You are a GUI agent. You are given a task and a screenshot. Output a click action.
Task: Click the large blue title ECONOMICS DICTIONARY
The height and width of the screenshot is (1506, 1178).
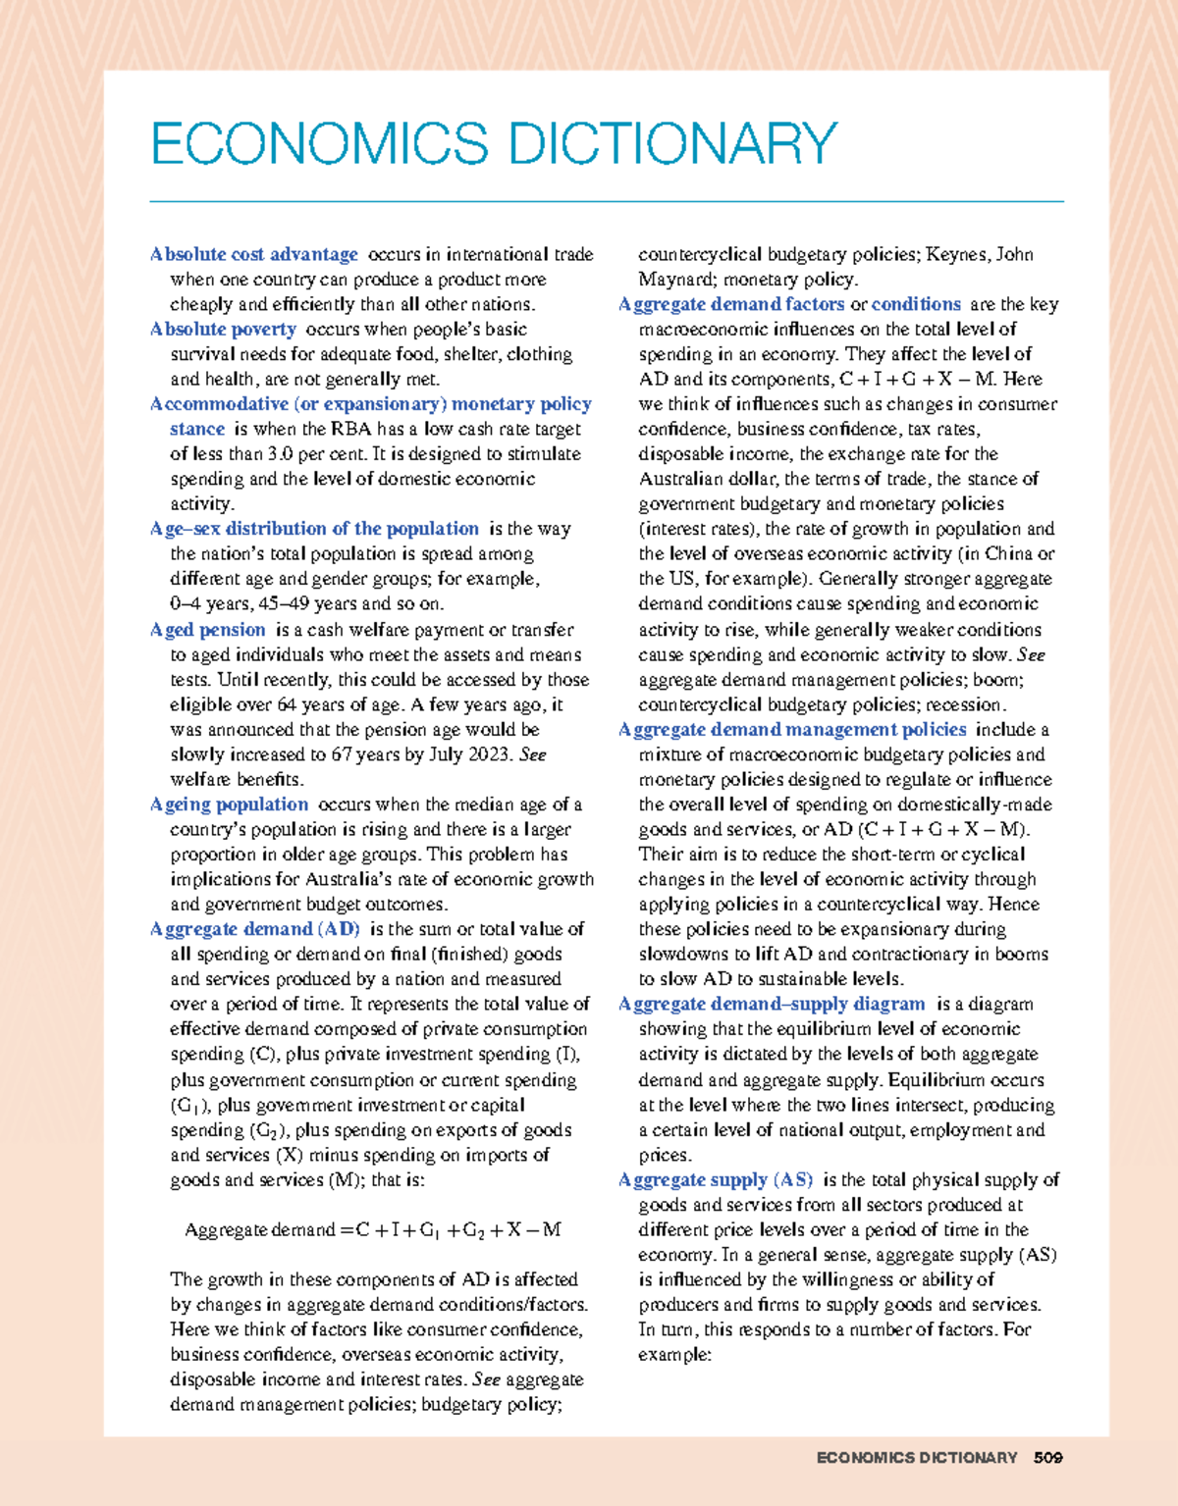point(494,143)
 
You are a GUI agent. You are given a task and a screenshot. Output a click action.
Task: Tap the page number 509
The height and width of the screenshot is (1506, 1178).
point(1047,1458)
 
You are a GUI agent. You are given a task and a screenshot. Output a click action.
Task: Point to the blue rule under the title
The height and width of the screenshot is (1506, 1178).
point(606,201)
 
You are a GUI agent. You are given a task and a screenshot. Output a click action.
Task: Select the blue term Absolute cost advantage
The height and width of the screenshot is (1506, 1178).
point(253,254)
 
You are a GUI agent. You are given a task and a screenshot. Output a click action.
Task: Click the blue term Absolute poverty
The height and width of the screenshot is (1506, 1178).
point(223,329)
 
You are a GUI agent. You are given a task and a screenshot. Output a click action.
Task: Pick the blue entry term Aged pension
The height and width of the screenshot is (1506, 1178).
point(207,630)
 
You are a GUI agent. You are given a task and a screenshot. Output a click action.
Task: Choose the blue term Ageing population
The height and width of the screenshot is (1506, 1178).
point(229,805)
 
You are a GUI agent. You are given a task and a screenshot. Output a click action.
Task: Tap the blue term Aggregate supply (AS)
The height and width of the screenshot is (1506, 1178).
point(716,1179)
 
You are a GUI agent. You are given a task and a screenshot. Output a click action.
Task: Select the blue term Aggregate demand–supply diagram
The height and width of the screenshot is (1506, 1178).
point(772,1004)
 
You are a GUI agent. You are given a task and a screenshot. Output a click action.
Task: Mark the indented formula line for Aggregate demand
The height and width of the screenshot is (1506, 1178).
point(373,1230)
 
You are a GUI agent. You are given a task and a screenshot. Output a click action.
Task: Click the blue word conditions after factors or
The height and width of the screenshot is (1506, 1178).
point(916,304)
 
